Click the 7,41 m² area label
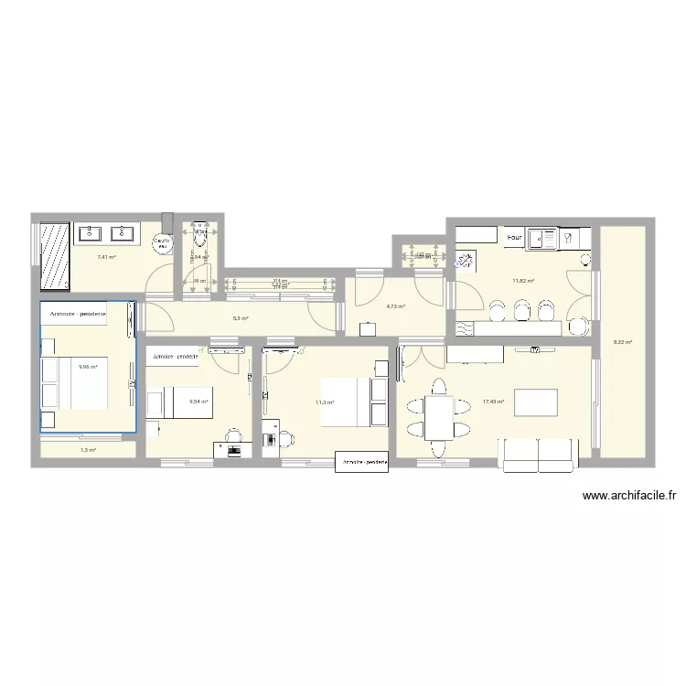tap(106, 257)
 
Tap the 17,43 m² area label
tap(494, 402)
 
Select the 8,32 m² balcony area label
tap(623, 343)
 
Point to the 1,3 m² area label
tap(88, 450)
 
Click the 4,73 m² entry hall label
tap(395, 306)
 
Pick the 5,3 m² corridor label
tap(241, 318)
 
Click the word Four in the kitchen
tap(514, 238)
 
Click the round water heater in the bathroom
tap(161, 245)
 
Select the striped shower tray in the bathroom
tap(55, 254)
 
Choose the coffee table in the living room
tap(536, 402)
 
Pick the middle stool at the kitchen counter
tap(522, 312)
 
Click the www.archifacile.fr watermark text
tap(628, 496)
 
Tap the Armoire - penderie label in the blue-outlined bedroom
tap(78, 314)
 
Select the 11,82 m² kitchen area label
tap(523, 281)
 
